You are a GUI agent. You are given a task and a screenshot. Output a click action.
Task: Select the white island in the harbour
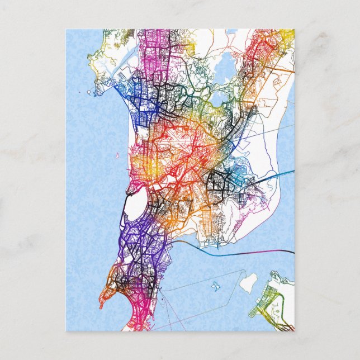pyautogui.click(x=248, y=282)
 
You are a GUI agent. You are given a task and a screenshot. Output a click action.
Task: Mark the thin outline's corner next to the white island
pyautogui.click(x=244, y=271)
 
